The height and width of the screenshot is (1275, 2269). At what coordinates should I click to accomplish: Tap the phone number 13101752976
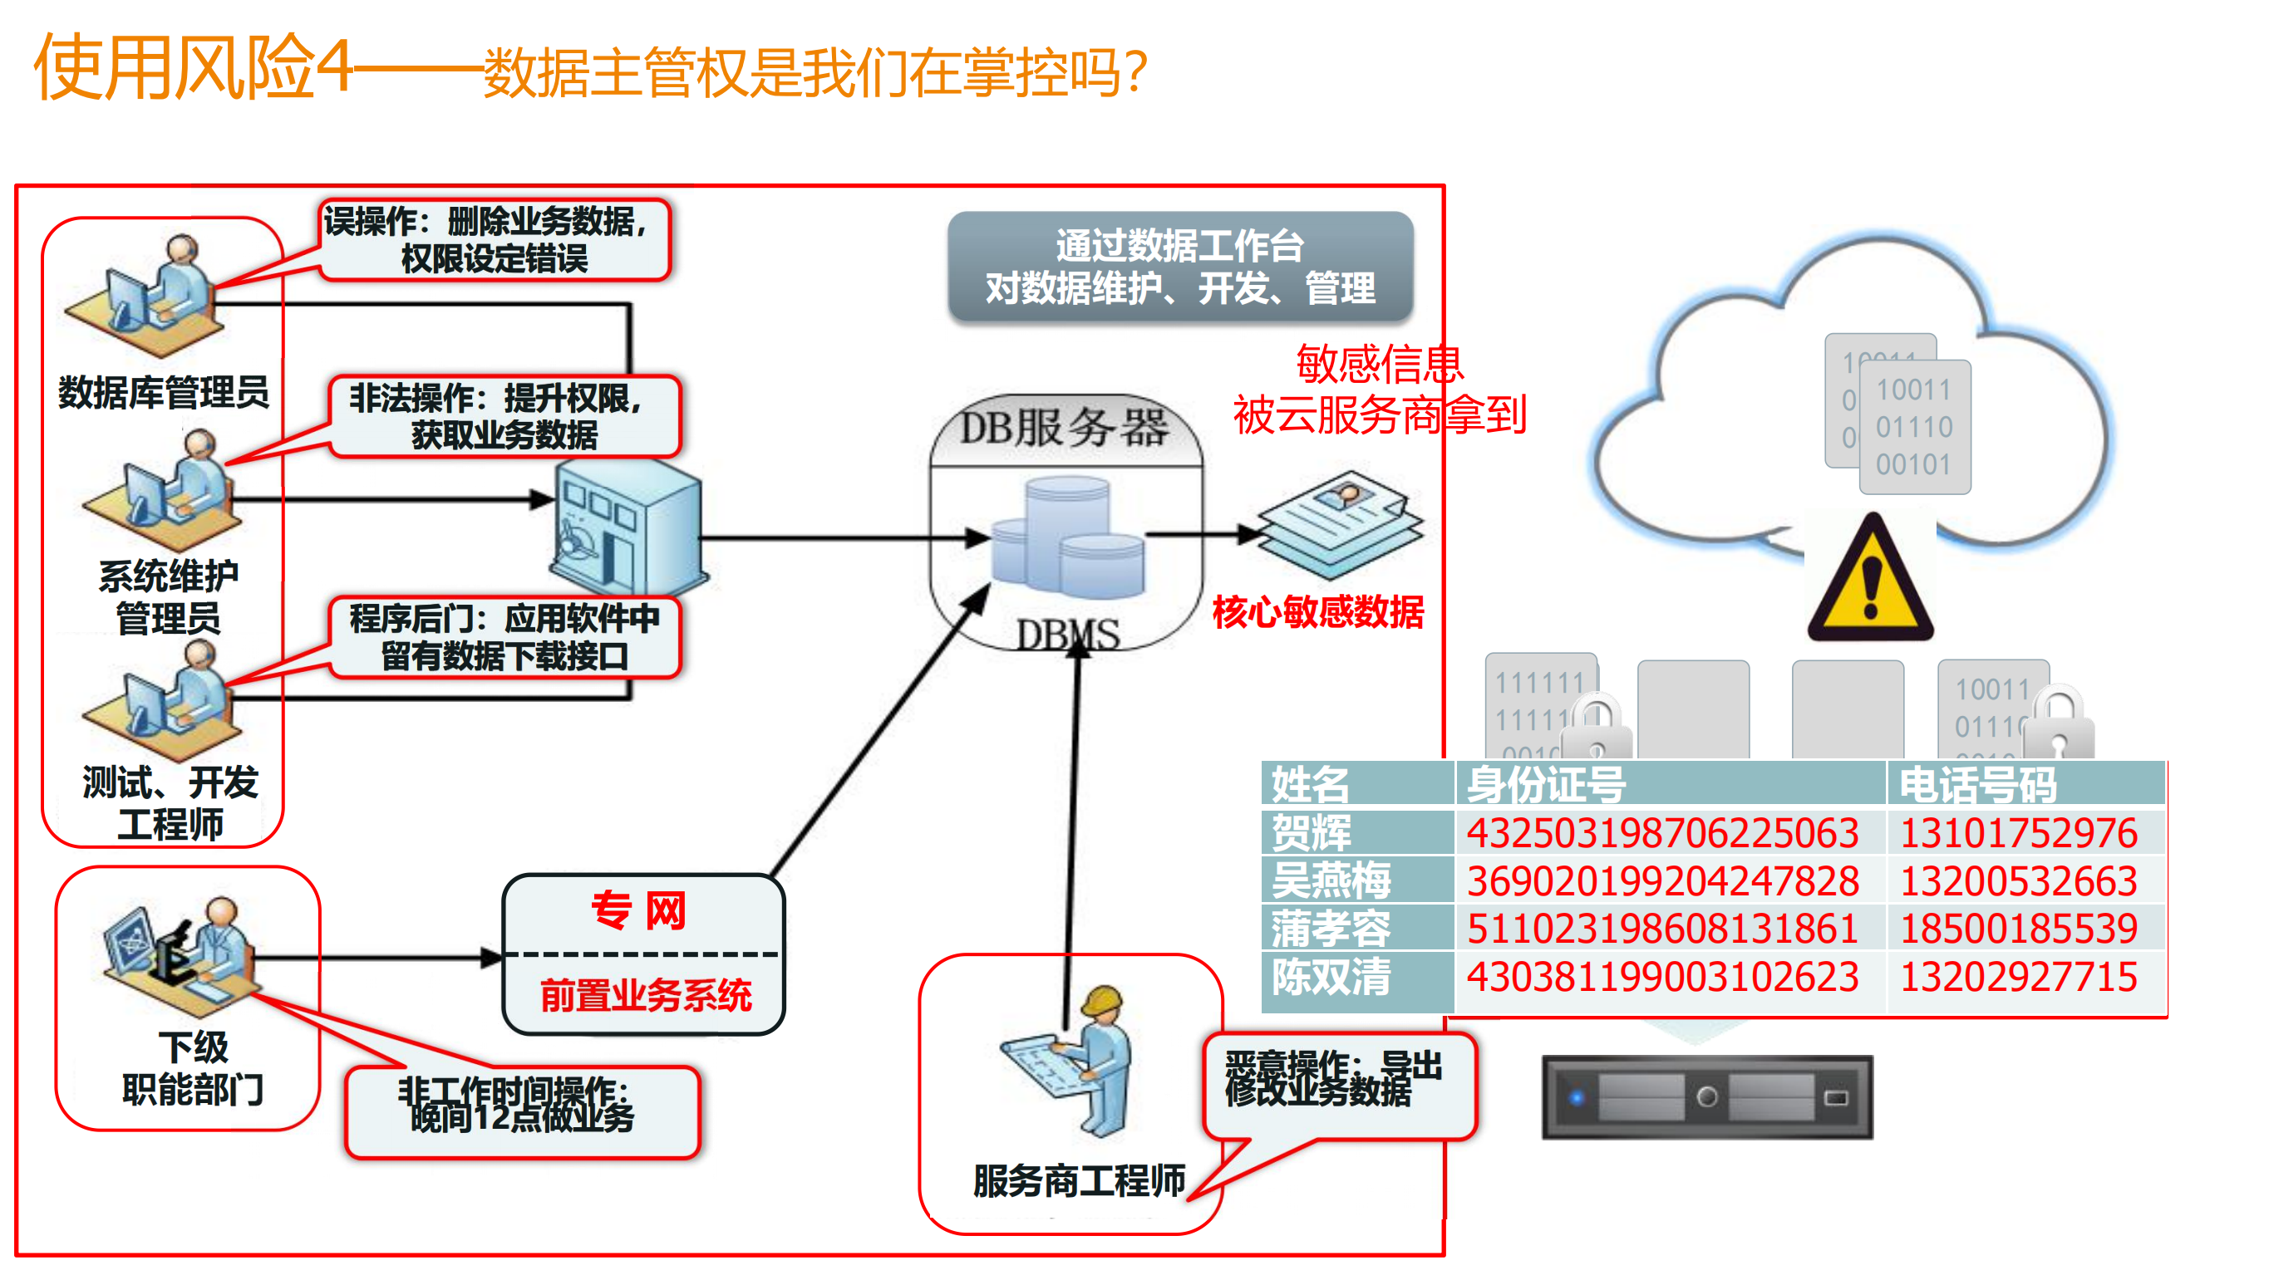(2018, 833)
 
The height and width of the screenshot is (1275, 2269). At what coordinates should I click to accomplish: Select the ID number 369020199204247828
(1662, 881)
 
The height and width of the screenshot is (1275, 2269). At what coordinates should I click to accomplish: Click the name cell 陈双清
(1331, 978)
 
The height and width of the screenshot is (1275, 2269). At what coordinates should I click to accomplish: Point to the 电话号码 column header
(1977, 783)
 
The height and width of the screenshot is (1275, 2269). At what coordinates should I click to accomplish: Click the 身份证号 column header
(1546, 783)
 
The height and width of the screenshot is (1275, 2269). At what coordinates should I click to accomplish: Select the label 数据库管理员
(163, 392)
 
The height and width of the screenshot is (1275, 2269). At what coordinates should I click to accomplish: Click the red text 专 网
(638, 910)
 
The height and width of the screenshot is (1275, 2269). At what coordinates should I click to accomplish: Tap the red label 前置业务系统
(646, 995)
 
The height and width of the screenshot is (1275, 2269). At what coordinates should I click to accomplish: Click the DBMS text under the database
(1067, 634)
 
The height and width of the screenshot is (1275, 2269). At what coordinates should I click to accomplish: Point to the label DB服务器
(1064, 428)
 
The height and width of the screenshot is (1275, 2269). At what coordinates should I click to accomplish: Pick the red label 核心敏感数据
(1317, 611)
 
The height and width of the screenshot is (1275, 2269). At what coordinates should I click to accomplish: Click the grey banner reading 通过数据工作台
(1180, 266)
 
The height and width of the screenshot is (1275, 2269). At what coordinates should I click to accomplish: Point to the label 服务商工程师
(1079, 1181)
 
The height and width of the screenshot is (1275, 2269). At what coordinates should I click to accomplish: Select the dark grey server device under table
(1707, 1097)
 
